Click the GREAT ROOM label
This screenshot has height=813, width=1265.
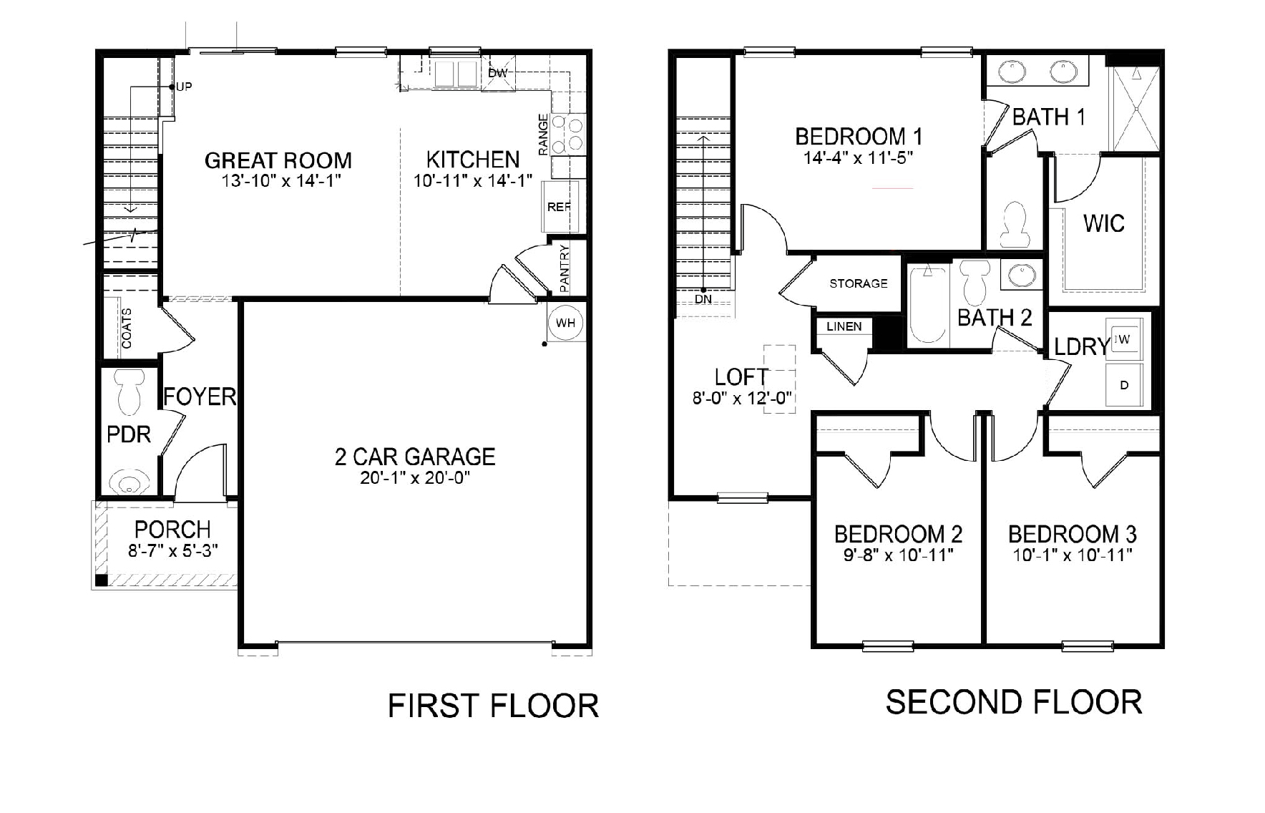click(x=278, y=160)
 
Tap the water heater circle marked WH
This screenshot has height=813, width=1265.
click(x=565, y=323)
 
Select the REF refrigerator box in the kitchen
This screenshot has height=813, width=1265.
click(x=559, y=207)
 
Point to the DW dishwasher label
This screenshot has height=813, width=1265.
click(x=497, y=73)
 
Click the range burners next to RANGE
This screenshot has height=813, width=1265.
click(x=569, y=135)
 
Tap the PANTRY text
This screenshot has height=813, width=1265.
click(x=565, y=268)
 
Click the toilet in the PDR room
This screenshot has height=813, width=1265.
click(x=130, y=393)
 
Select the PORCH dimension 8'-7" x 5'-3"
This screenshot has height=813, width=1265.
click(x=172, y=550)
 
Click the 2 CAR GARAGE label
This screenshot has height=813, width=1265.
click(x=414, y=457)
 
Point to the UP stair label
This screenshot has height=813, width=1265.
click(x=184, y=87)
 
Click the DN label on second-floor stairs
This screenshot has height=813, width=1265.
click(x=703, y=299)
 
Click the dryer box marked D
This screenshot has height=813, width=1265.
click(x=1124, y=385)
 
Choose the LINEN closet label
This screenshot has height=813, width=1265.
click(x=844, y=326)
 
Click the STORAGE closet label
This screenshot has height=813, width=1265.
click(x=858, y=283)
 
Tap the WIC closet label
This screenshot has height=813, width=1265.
click(x=1103, y=223)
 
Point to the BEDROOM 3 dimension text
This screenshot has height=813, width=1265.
click(x=1072, y=555)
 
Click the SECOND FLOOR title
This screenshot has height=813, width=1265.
click(x=1013, y=702)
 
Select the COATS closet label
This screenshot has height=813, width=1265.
click(x=127, y=328)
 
